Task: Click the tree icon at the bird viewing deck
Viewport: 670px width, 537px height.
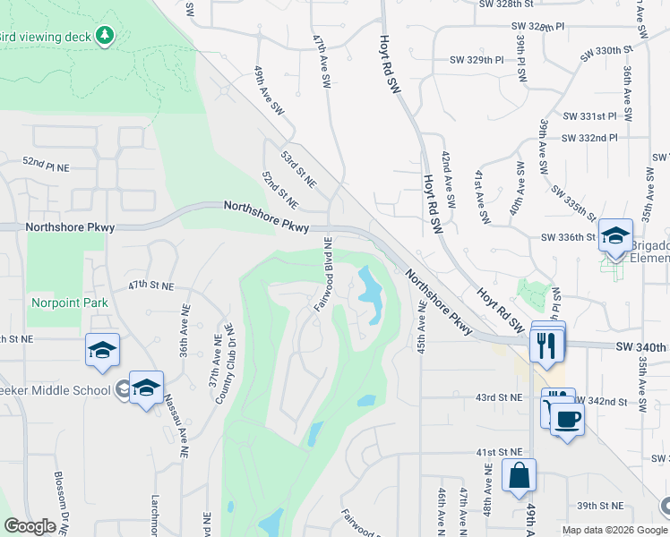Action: (x=107, y=35)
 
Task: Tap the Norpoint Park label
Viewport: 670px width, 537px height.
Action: (x=70, y=303)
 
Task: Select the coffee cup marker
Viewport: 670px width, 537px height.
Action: (x=566, y=418)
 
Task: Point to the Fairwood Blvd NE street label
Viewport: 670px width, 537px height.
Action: (x=323, y=275)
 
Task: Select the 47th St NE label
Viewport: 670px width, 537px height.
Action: (x=150, y=285)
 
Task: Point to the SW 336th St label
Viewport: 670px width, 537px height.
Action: (x=568, y=237)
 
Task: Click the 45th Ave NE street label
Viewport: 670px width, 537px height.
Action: (x=420, y=330)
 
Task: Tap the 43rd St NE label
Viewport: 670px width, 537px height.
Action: (x=499, y=396)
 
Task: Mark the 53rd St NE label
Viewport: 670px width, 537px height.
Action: (x=298, y=168)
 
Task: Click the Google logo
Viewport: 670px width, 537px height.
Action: (x=30, y=526)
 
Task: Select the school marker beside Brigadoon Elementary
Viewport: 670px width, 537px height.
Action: (x=615, y=235)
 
